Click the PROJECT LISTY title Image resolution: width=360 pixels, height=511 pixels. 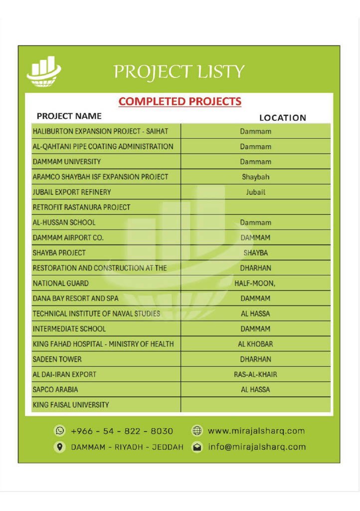[x=179, y=72]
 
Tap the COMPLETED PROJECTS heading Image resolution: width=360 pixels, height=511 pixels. [x=180, y=101]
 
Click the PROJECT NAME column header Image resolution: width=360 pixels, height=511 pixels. [x=69, y=116]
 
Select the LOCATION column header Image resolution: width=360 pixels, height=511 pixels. [x=282, y=118]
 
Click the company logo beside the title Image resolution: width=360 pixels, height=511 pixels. [x=44, y=72]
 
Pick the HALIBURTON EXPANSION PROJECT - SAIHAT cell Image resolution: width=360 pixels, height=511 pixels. [x=100, y=132]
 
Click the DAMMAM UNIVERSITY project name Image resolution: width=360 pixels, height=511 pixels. [x=67, y=162]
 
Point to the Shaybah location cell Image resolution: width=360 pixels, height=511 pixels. [x=255, y=177]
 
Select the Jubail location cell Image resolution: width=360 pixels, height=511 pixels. [x=255, y=192]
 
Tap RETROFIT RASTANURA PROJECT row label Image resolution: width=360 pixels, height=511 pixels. [x=81, y=207]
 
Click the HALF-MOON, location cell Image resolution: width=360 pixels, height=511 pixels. [x=255, y=283]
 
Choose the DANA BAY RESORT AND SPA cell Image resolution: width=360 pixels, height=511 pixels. [x=75, y=298]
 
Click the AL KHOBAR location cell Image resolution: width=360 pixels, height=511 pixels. [x=255, y=344]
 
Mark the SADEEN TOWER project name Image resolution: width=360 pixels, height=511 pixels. [x=57, y=359]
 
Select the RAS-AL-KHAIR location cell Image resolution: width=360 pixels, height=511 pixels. [x=255, y=374]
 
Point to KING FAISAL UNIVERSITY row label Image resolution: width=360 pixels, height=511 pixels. [x=70, y=405]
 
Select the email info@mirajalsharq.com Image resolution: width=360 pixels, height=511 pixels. [x=257, y=447]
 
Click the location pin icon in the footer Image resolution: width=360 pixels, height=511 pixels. [x=60, y=447]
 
